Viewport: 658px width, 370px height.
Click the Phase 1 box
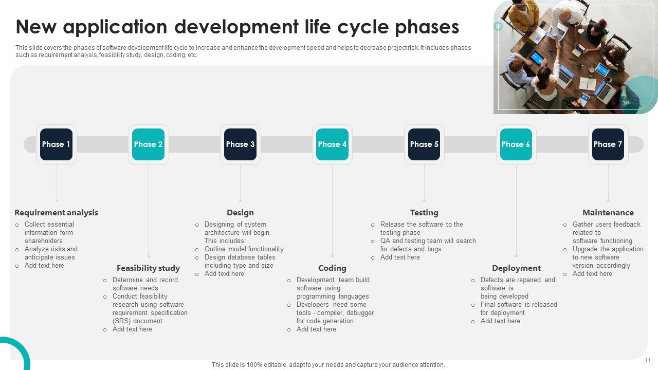point(56,144)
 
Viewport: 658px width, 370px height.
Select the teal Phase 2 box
point(148,144)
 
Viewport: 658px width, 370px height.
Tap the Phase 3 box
point(240,144)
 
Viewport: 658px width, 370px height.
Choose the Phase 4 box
point(332,144)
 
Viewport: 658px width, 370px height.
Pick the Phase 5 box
point(424,144)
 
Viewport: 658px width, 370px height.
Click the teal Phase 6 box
point(516,144)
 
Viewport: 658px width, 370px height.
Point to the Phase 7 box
point(608,144)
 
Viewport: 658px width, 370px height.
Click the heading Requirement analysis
point(56,213)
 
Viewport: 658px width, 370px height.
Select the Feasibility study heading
point(148,268)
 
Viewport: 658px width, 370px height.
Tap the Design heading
point(240,213)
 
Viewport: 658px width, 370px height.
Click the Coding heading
point(332,268)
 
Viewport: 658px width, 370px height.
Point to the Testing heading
point(424,213)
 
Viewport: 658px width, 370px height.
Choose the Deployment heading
point(516,268)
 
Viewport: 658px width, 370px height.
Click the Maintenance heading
point(608,213)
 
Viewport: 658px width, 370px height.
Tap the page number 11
point(648,360)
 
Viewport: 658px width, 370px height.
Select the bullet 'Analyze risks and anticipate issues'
point(50,253)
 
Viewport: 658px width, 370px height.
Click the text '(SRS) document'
point(137,321)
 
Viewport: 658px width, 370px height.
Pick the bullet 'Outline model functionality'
point(244,249)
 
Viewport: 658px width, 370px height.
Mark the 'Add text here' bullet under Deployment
point(500,321)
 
